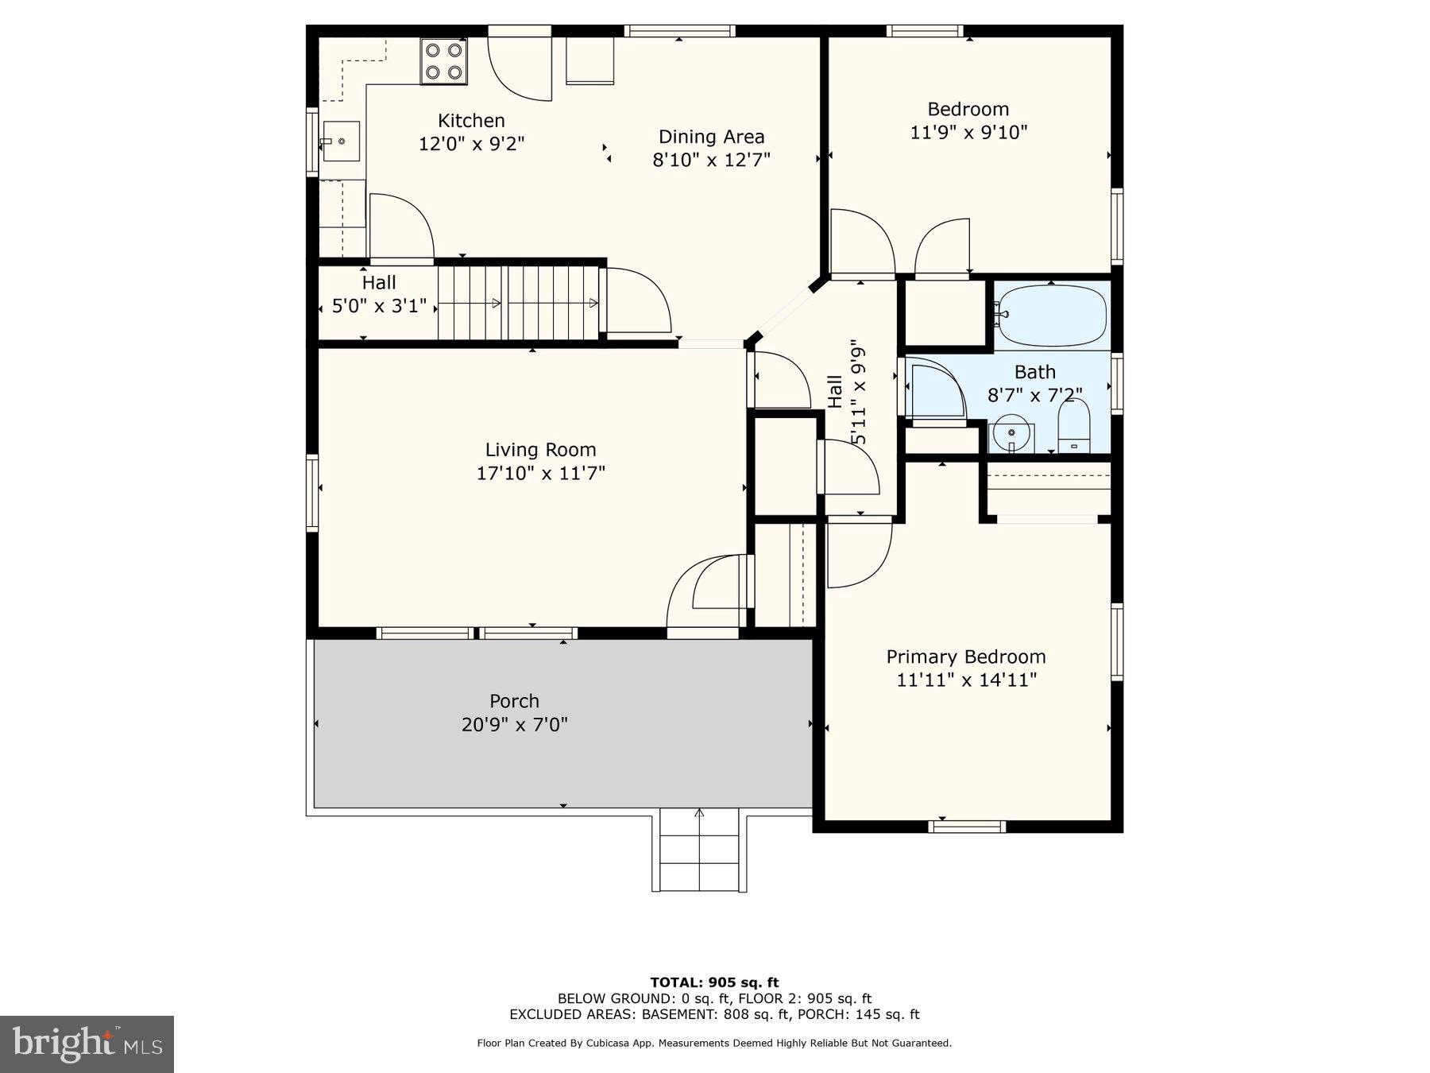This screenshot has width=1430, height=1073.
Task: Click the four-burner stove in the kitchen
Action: click(443, 61)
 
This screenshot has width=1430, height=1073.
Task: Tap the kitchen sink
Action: click(341, 141)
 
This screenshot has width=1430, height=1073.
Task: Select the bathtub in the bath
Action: click(1052, 316)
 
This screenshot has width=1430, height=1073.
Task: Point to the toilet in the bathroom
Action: click(1074, 427)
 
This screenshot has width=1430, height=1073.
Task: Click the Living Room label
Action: click(540, 450)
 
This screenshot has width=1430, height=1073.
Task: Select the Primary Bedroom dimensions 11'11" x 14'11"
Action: click(966, 680)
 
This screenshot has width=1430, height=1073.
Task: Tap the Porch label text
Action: click(514, 702)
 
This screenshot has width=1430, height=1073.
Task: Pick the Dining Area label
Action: click(711, 137)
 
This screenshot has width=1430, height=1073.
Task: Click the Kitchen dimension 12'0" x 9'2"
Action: click(471, 144)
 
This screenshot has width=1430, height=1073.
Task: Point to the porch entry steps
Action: click(699, 850)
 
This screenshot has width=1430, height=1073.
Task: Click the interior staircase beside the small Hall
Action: click(517, 303)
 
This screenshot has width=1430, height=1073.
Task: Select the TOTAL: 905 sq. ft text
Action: click(714, 982)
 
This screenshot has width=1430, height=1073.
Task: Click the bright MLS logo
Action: click(87, 1044)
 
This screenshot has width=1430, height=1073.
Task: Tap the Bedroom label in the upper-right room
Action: click(968, 109)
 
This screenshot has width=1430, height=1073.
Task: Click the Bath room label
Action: click(1034, 372)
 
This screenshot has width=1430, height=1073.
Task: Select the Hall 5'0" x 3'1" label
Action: click(379, 294)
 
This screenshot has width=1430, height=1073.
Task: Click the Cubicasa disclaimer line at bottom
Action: click(714, 1043)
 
